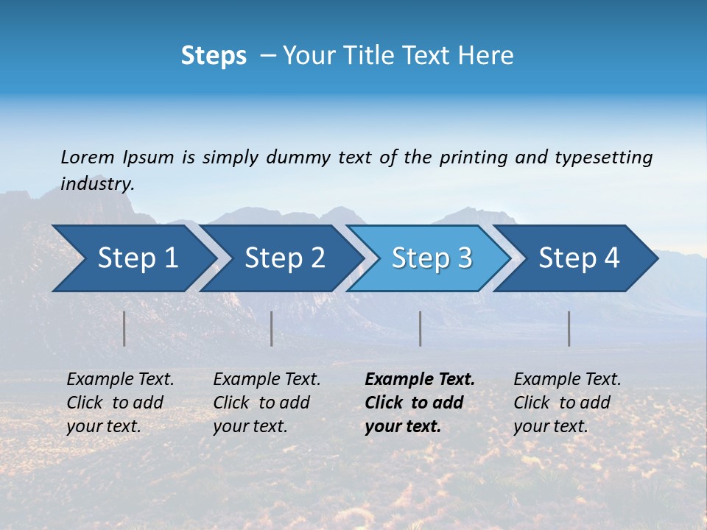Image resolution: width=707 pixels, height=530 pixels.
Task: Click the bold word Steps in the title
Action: (x=214, y=56)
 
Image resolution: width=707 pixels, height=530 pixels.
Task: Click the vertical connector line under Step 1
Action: (x=124, y=328)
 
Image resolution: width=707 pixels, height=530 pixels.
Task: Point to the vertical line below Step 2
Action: (x=272, y=328)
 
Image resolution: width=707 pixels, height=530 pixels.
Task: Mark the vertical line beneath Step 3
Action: (x=420, y=328)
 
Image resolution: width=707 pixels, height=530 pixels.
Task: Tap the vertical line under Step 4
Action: (x=569, y=328)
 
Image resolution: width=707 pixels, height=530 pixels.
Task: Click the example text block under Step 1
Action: (x=120, y=403)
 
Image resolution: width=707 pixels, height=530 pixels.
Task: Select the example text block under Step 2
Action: (x=267, y=403)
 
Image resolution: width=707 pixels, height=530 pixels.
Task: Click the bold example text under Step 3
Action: (x=420, y=403)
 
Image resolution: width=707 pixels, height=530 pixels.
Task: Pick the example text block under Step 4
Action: (x=567, y=403)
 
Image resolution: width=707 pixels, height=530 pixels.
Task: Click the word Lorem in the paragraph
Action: (x=88, y=158)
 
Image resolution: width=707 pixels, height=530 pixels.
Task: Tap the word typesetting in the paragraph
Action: (x=603, y=158)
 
